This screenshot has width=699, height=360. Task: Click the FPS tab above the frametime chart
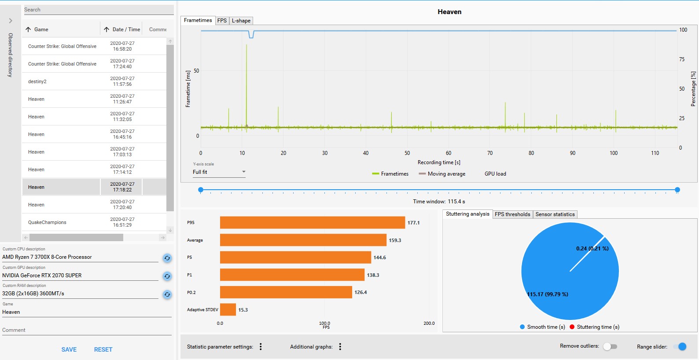222,21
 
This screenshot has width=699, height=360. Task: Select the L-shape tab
241,21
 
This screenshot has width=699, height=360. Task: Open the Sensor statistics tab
555,214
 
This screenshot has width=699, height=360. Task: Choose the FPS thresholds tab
512,214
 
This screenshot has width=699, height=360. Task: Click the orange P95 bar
312,223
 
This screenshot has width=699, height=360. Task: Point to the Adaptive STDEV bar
228,310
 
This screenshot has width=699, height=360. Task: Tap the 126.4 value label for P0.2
361,292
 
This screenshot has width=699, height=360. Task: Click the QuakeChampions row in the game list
47,222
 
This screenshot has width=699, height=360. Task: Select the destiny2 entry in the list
37,81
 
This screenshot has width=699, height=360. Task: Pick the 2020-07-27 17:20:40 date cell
122,205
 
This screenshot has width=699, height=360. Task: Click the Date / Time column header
126,29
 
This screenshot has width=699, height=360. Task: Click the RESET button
103,349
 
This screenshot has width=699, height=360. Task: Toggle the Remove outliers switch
610,346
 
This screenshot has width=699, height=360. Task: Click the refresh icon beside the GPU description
167,276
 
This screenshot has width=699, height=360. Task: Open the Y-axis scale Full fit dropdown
219,172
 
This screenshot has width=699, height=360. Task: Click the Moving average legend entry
442,174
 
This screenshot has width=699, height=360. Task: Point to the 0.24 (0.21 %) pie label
592,249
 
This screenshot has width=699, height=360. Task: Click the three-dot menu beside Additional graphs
340,347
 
